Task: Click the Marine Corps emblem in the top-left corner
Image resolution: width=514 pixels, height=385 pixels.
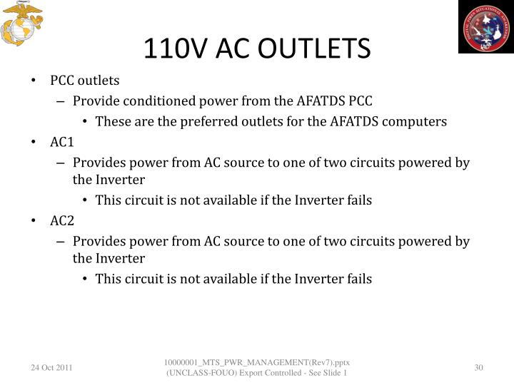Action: click(22, 24)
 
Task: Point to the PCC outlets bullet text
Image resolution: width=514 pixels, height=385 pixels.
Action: click(85, 81)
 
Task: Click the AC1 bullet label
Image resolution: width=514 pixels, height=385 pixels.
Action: click(62, 142)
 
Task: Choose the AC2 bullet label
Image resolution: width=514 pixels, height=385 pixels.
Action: click(62, 220)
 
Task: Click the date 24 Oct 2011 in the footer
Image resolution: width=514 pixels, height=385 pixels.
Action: click(51, 367)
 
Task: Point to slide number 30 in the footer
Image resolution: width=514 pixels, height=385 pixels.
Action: click(478, 367)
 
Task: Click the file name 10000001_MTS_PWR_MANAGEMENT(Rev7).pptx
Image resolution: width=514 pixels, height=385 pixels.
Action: click(256, 362)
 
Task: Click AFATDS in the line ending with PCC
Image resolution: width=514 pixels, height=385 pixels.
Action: click(320, 101)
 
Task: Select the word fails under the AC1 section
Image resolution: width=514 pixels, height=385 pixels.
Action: click(357, 200)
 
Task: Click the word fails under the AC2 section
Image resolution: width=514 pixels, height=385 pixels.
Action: click(357, 278)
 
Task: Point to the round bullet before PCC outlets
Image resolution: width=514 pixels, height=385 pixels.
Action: click(35, 81)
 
